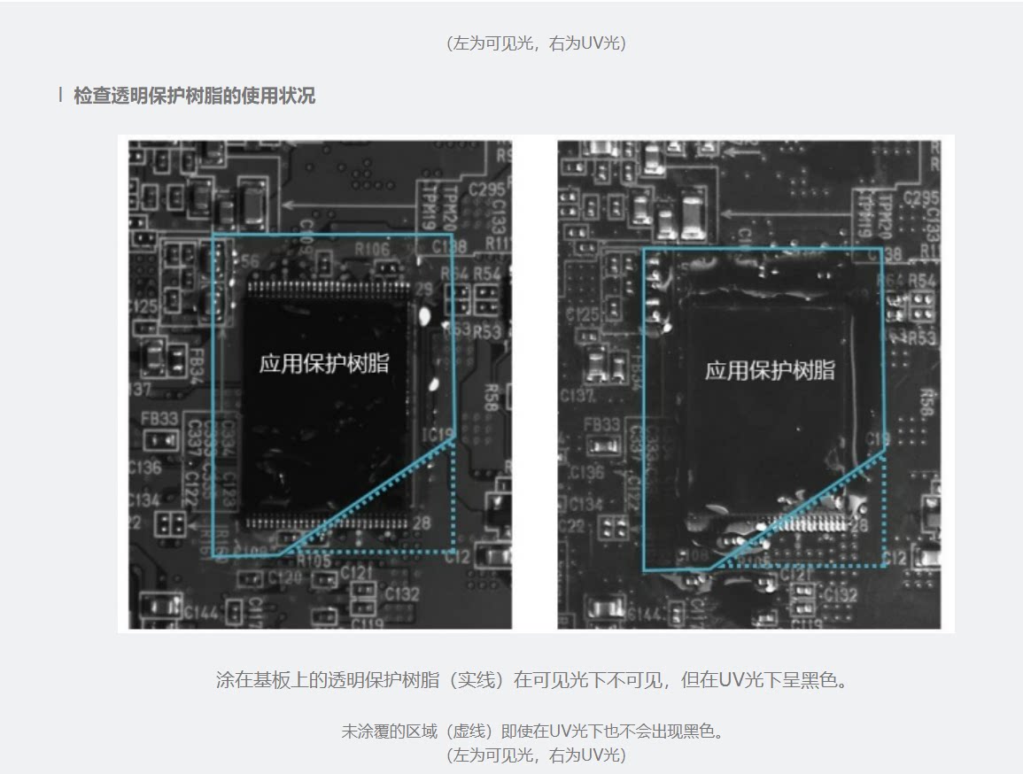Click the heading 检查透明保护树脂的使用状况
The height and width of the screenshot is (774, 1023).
tap(194, 96)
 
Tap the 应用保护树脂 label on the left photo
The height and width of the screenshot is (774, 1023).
tap(324, 363)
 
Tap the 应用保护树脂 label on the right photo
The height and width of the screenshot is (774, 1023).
tap(770, 370)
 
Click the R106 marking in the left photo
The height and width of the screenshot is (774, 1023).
tap(372, 250)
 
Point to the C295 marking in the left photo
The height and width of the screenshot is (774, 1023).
tap(486, 190)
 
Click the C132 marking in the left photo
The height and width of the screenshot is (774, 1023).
tap(402, 593)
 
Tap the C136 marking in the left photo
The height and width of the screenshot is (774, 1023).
tap(144, 467)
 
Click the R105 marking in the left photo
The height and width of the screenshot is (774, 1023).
tap(314, 560)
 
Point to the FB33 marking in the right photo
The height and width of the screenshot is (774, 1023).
tap(602, 425)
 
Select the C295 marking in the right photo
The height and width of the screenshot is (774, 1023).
tap(920, 197)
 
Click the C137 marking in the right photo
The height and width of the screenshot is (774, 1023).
tap(576, 395)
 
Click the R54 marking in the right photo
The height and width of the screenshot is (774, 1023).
tap(921, 281)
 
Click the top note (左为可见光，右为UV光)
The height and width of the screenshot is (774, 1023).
tap(537, 43)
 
